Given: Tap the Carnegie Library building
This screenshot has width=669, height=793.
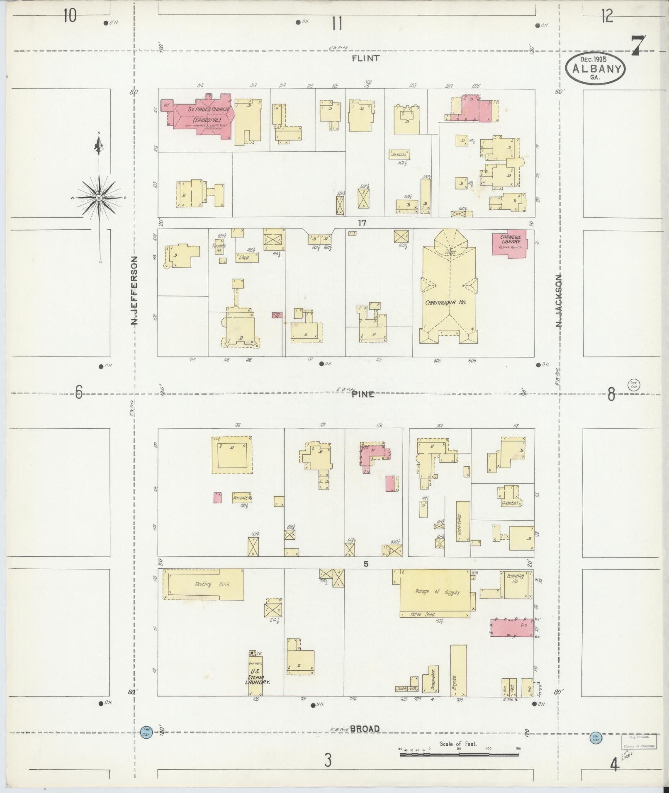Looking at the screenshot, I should [x=509, y=244].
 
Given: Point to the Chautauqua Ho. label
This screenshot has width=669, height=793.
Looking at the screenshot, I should [x=445, y=303].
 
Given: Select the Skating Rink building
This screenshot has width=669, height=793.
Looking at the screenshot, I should [x=203, y=584].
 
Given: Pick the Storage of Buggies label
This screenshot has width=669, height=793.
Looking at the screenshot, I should [x=437, y=592].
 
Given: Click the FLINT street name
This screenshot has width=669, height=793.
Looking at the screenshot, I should [x=365, y=58].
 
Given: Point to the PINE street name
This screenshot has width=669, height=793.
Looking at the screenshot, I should [x=363, y=394].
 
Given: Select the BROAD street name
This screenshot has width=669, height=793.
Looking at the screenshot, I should [x=365, y=729].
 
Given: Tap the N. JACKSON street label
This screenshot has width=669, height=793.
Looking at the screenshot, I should [x=559, y=301].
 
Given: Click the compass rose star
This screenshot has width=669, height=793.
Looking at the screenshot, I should [x=99, y=198].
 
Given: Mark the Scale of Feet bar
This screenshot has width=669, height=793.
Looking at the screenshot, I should [x=460, y=755].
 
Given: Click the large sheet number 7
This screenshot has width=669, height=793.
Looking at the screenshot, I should [x=638, y=46].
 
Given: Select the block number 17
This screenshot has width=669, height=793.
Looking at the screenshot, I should [x=362, y=223].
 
